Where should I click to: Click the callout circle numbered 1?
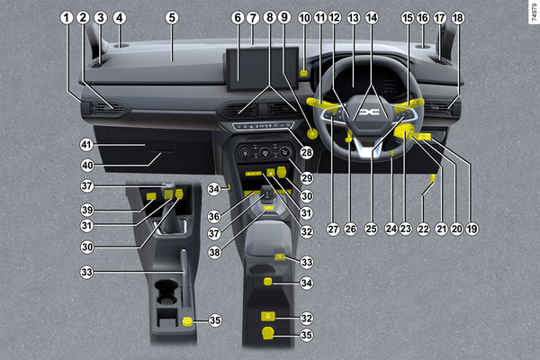[67, 18]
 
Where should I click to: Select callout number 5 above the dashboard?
[172, 18]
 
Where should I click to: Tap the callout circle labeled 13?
[354, 18]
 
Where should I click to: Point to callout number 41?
[86, 144]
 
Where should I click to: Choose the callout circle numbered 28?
[307, 152]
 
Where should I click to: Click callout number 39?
[87, 210]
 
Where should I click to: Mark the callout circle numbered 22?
[423, 229]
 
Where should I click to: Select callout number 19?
[472, 229]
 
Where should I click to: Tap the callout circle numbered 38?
[214, 252]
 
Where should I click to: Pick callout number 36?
[214, 216]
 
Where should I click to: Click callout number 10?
[304, 18]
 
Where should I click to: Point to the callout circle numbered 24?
[391, 229]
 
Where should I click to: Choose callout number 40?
[87, 166]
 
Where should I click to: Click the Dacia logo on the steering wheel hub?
[369, 112]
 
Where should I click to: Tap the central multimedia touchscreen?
[263, 69]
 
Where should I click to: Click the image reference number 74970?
[534, 12]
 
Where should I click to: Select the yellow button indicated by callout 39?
[151, 196]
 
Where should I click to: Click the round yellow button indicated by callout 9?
[312, 134]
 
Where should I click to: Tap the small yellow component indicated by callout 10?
[304, 73]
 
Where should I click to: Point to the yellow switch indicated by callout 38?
[268, 208]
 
